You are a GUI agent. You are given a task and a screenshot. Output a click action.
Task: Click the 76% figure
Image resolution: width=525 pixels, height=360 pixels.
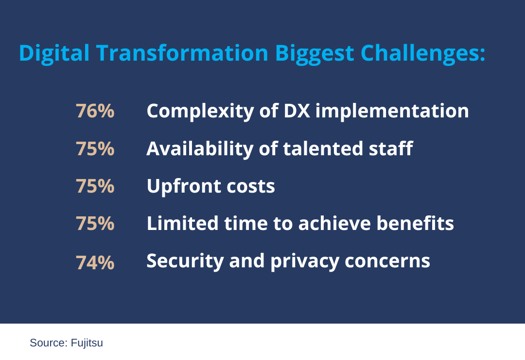97,111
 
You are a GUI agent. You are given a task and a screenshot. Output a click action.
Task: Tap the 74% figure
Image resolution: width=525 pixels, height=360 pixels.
97,263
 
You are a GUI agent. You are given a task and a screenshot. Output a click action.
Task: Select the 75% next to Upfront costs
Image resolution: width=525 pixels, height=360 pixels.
97,187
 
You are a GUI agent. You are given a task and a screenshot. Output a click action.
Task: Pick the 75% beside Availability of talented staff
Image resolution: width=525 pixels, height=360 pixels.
97,149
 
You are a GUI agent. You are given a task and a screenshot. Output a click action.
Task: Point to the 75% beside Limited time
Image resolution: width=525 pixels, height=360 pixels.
97,225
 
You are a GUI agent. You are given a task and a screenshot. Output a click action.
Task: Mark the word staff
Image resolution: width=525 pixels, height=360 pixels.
381,148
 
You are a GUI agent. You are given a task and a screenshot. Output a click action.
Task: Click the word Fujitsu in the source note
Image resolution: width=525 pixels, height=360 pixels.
86,342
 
